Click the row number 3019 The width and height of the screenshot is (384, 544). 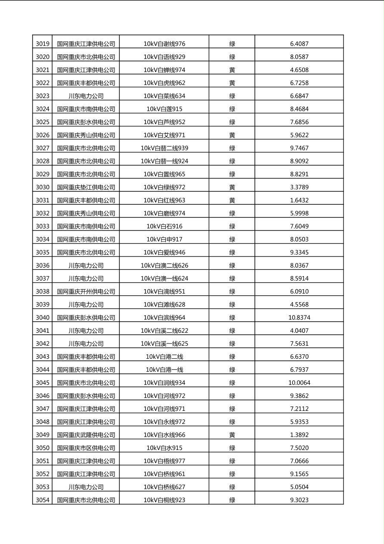pos(42,44)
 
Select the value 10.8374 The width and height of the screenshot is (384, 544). pos(299,318)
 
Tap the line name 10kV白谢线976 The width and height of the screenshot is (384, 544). pos(164,44)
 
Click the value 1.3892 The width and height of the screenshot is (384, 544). pos(299,435)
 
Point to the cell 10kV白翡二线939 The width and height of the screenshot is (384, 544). pos(164,148)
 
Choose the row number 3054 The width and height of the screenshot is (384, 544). pos(42,500)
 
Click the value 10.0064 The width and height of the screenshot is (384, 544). pos(299,383)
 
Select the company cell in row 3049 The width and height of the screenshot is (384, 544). pos(86,435)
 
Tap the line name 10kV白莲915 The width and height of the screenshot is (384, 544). pos(164,109)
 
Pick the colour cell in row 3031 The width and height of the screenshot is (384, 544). pos(232,200)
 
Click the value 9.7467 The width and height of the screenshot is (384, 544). pos(299,148)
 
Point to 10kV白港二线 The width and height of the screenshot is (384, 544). pos(164,356)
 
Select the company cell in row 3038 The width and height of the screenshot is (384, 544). pos(86,291)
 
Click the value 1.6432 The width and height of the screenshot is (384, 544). pos(299,200)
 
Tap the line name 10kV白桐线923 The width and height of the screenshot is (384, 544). pos(164,500)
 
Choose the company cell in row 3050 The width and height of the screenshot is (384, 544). pos(86,448)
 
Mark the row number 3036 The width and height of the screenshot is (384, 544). pos(42,266)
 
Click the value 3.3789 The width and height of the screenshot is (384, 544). pos(299,187)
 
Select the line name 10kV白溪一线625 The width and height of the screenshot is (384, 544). pos(164,344)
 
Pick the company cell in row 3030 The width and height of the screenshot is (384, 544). pos(86,187)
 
